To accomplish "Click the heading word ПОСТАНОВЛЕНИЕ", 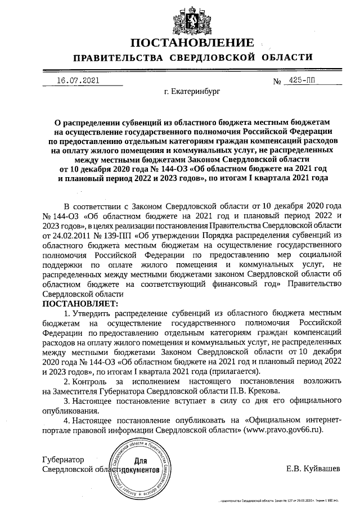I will click(x=191, y=43).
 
